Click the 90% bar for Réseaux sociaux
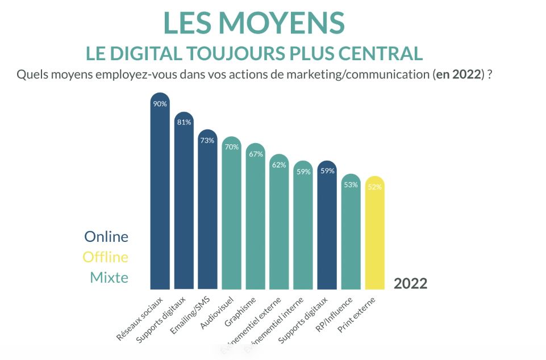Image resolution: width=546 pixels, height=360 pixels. coord(160,193)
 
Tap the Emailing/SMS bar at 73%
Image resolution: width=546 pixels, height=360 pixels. coord(207,210)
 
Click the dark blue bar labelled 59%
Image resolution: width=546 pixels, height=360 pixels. coord(327,227)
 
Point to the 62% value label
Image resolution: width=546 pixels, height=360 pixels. coord(279,165)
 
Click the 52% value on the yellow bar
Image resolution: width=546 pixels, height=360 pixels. coord(374,187)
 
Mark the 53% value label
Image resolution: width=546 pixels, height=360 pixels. coord(351,185)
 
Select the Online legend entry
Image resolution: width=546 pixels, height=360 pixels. coord(106,237)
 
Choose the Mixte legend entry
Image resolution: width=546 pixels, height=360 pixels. coord(109,278)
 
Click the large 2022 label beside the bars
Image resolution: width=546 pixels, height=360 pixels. coord(410,284)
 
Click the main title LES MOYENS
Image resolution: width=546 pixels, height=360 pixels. coord(254,23)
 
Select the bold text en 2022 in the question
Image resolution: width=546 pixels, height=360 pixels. coord(457,74)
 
